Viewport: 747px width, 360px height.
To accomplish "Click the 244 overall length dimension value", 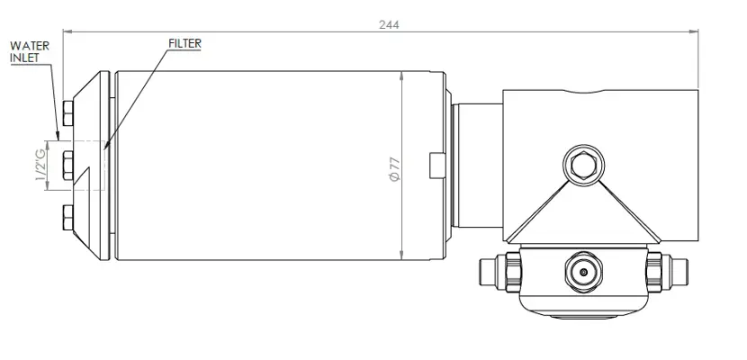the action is click(x=389, y=25).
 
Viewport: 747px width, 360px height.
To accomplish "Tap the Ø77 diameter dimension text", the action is click(x=395, y=168).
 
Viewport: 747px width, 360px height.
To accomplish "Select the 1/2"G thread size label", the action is click(x=40, y=165).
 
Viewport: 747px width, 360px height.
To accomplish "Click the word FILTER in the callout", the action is click(x=184, y=43).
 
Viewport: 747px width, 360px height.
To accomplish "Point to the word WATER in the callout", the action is click(x=30, y=46).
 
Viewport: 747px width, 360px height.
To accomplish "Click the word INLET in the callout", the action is click(x=24, y=57).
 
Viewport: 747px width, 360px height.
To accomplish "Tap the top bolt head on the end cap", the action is click(x=68, y=113).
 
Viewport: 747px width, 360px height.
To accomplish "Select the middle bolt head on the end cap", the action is click(x=68, y=166).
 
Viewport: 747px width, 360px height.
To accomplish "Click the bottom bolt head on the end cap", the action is click(x=68, y=218).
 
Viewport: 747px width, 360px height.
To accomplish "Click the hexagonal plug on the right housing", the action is click(x=583, y=166).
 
